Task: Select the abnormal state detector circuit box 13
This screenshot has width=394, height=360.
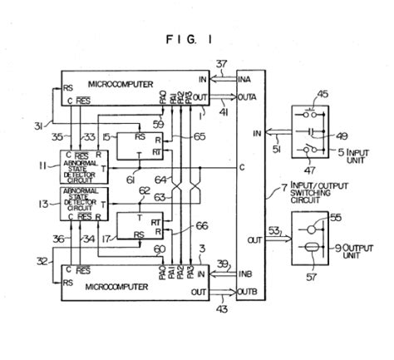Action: pos(81,205)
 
